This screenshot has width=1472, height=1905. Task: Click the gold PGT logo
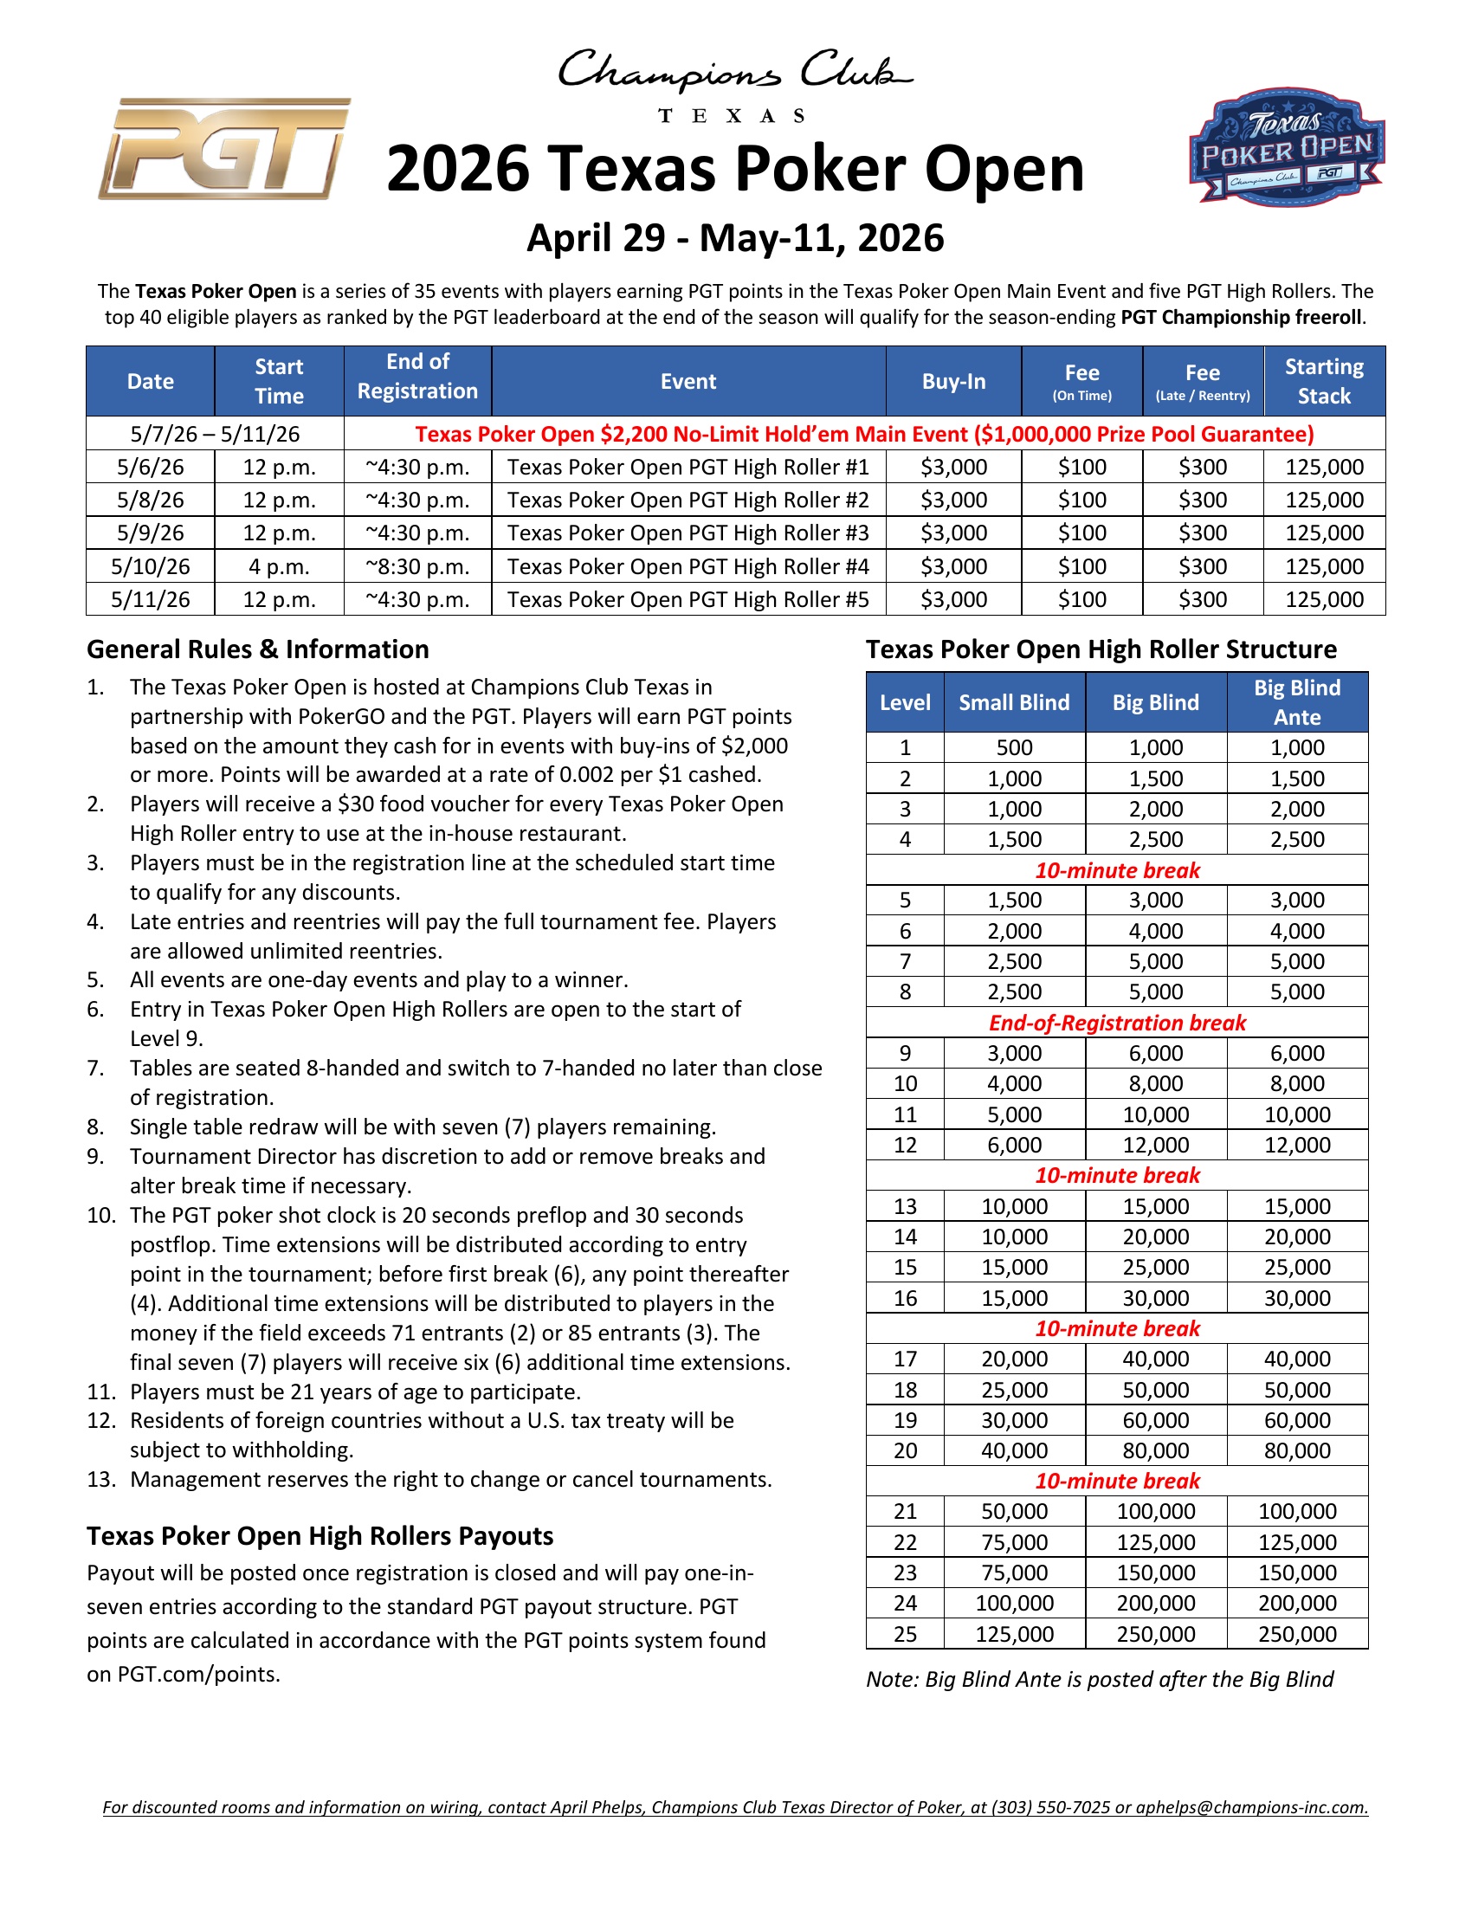[224, 148]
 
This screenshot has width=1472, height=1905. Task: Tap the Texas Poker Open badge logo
[1286, 146]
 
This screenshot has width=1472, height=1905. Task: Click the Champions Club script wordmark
[735, 72]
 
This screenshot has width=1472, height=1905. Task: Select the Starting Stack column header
[1323, 381]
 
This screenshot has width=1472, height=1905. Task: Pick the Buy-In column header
[953, 381]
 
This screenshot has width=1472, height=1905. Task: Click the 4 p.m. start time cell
[279, 567]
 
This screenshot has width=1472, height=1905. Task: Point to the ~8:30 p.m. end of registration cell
[417, 567]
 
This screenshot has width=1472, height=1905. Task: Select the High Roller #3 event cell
[688, 533]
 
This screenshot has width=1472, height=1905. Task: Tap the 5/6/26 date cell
[150, 468]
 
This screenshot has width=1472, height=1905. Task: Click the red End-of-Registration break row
[1116, 1023]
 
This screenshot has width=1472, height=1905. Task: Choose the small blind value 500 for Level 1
[1014, 747]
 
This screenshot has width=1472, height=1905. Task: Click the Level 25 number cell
[904, 1634]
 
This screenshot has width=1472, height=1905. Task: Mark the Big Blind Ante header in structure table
[1297, 702]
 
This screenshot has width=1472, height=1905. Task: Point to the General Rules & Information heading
[258, 649]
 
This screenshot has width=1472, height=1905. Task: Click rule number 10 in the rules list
[101, 1215]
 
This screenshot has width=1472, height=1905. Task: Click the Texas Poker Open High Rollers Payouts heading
[320, 1535]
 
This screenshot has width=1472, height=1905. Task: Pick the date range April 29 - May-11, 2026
[735, 238]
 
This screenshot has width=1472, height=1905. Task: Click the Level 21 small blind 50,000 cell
[1014, 1512]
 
